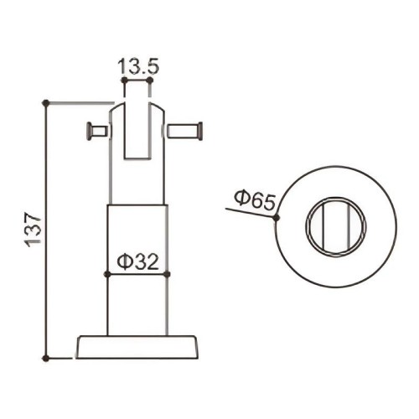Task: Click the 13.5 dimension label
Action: [x=138, y=66]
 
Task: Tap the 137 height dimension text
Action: [x=34, y=230]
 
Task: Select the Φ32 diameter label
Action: [x=137, y=262]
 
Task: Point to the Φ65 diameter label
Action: [x=255, y=199]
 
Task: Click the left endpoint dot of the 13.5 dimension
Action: [x=124, y=80]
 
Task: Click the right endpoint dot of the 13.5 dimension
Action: [x=150, y=80]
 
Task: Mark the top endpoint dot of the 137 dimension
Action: [x=46, y=103]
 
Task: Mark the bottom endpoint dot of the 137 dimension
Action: [x=46, y=358]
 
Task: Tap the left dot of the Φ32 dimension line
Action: [x=107, y=274]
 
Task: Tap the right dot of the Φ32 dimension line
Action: [x=167, y=274]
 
